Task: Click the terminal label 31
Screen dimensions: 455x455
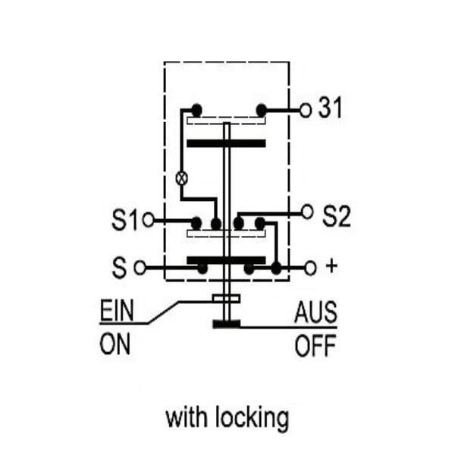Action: [330, 108]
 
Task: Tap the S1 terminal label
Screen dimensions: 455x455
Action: [124, 220]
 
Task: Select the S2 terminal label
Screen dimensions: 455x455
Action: [337, 216]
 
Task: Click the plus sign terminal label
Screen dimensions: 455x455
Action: [331, 266]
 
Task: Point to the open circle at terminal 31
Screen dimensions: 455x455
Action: [306, 110]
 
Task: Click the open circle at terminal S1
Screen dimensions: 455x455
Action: [148, 220]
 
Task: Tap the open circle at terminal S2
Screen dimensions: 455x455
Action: [307, 212]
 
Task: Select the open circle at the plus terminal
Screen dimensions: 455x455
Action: [310, 268]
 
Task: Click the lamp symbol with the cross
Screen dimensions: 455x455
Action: [182, 178]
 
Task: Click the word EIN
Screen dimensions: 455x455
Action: [117, 310]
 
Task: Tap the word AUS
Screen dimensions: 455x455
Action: [315, 312]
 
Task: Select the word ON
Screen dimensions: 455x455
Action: [115, 344]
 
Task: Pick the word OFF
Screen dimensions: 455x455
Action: [315, 345]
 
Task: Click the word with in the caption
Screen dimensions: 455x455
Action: [187, 418]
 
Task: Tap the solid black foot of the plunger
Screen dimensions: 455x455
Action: [227, 324]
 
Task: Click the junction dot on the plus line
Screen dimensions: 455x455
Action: [276, 268]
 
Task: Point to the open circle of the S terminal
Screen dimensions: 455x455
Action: [140, 268]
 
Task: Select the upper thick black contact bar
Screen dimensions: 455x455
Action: [226, 143]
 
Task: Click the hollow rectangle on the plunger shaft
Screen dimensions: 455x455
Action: [226, 299]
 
